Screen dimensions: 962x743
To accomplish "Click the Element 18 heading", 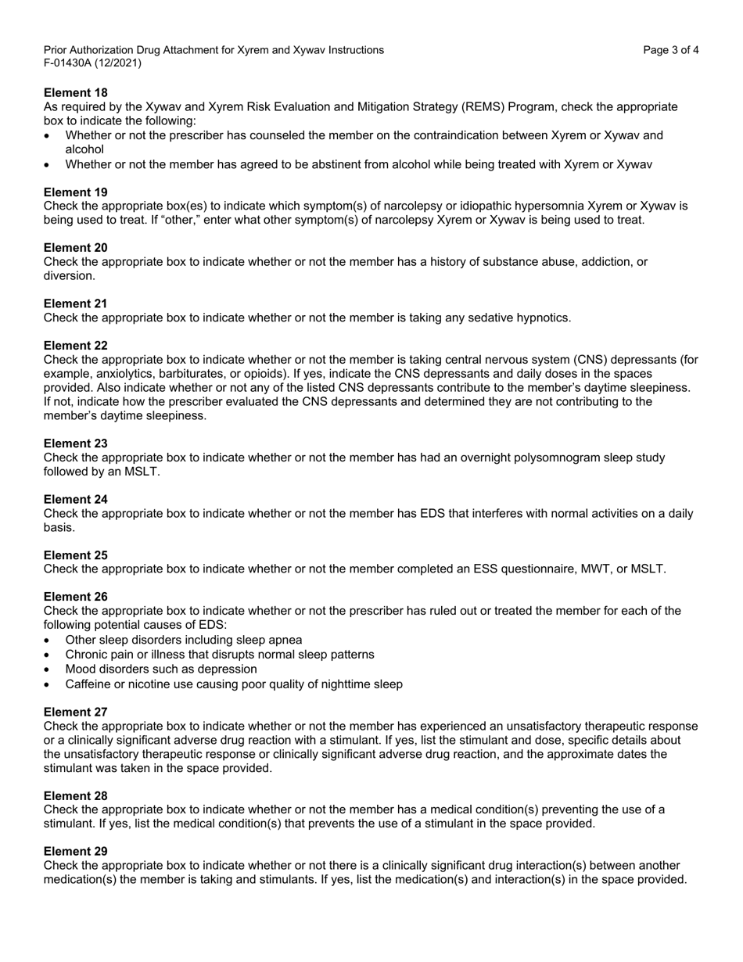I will [x=75, y=92].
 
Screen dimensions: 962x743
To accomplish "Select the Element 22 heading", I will [x=75, y=345].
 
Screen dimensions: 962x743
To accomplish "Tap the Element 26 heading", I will [x=75, y=597].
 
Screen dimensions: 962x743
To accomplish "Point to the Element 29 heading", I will [x=75, y=851].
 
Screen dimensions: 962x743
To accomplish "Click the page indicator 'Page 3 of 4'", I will [x=671, y=50].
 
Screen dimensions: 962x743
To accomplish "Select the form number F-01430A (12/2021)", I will [x=92, y=63].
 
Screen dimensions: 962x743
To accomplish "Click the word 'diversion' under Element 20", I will [x=69, y=276].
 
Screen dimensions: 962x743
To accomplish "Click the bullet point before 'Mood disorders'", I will [x=48, y=670].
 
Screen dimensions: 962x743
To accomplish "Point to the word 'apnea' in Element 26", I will [x=285, y=640].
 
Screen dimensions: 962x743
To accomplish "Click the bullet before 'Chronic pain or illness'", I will [x=48, y=655].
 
